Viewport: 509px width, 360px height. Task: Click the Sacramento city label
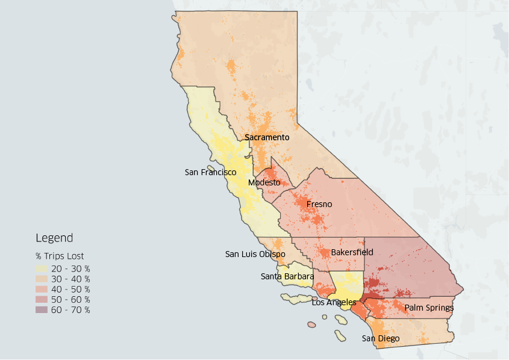coord(267,137)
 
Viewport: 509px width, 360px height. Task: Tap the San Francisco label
coord(210,172)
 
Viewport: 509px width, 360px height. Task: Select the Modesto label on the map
coord(264,182)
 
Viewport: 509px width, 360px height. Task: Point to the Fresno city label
coord(319,205)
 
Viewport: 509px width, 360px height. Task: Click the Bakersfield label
coord(352,252)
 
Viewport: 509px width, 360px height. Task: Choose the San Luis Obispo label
coord(255,254)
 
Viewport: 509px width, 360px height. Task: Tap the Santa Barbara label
coord(287,276)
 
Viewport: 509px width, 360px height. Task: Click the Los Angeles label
coord(334,302)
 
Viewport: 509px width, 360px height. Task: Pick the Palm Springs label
coord(429,308)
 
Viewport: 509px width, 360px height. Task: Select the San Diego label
coord(380,338)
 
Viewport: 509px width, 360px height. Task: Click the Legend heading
coord(54,238)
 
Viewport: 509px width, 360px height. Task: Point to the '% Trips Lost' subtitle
coord(60,256)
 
